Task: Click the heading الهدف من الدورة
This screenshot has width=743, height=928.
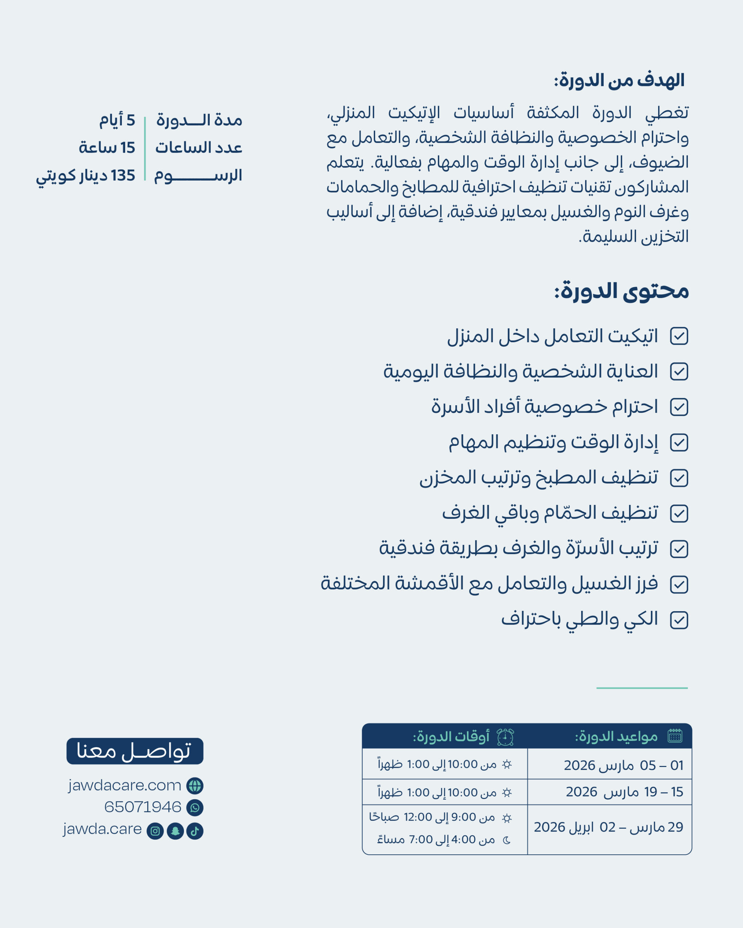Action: pyautogui.click(x=619, y=80)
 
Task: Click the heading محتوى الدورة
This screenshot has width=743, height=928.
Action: pyautogui.click(x=621, y=291)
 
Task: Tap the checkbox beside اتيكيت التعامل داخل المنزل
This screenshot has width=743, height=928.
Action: pyautogui.click(x=679, y=336)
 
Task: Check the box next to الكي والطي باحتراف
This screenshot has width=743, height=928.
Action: pyautogui.click(x=679, y=620)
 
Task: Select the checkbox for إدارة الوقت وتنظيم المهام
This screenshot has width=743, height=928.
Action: pyautogui.click(x=679, y=443)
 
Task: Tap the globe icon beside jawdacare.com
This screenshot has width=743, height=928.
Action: pyautogui.click(x=195, y=786)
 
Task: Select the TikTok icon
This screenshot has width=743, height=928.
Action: pyautogui.click(x=195, y=831)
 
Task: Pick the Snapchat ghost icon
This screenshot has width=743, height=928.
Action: pyautogui.click(x=175, y=831)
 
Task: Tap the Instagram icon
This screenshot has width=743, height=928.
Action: pyautogui.click(x=155, y=831)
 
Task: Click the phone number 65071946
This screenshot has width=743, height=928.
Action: pyautogui.click(x=143, y=807)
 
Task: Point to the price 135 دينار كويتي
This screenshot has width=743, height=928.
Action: pyautogui.click(x=85, y=175)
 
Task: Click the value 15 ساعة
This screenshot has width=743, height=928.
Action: pyautogui.click(x=107, y=148)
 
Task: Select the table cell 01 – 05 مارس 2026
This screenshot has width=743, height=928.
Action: pyautogui.click(x=623, y=765)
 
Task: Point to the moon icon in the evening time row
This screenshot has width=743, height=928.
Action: pyautogui.click(x=507, y=840)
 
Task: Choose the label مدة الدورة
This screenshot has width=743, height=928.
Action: pyautogui.click(x=199, y=120)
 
